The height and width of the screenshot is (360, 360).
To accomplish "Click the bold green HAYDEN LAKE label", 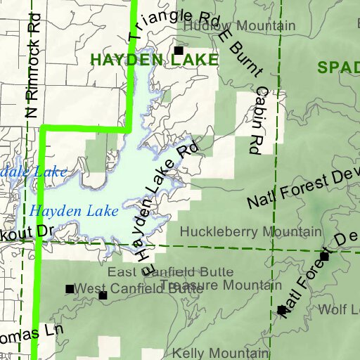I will [x=155, y=61].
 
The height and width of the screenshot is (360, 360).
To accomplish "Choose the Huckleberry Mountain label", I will [x=251, y=231].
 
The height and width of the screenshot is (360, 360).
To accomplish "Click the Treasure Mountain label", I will [x=216, y=285].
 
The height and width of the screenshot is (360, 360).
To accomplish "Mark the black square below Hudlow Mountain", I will [x=179, y=51].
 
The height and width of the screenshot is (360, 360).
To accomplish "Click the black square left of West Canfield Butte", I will [x=70, y=288].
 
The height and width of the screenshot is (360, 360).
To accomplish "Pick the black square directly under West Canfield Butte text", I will [x=103, y=296].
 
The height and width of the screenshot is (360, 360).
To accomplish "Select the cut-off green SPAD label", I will [x=338, y=67].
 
